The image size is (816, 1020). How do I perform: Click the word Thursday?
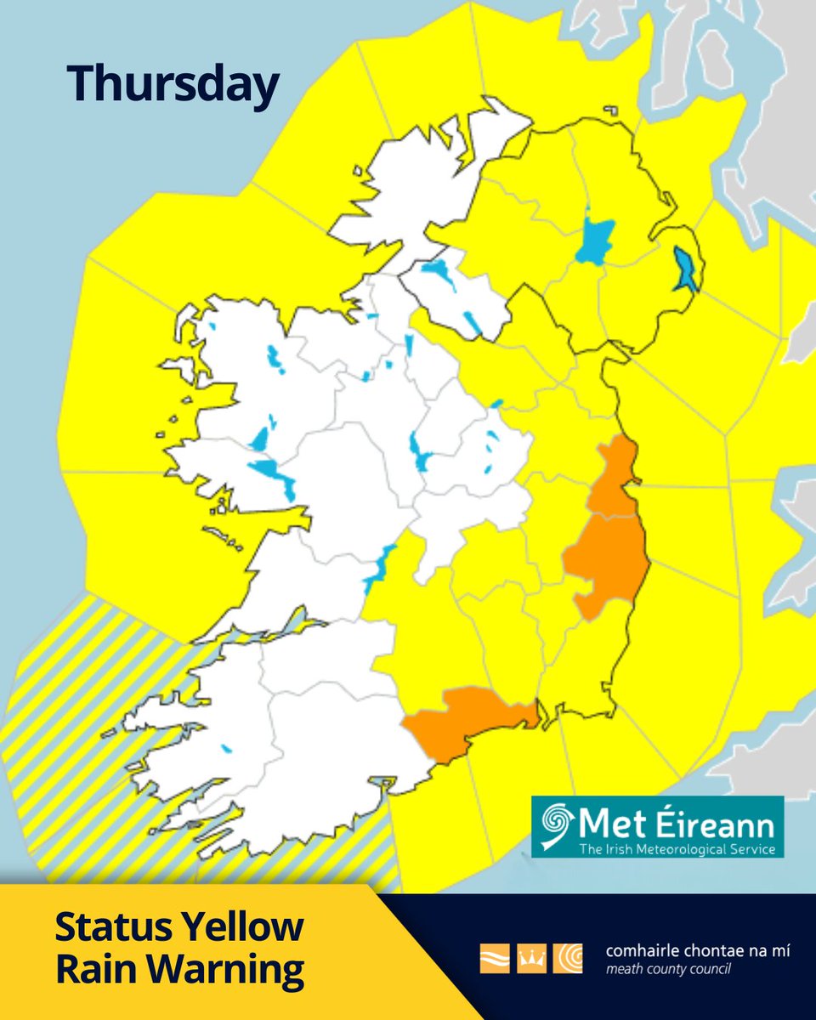coord(173,85)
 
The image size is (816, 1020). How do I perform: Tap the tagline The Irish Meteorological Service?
coord(677,849)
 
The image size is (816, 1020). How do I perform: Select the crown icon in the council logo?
coord(530,958)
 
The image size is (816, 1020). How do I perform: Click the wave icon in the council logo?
coord(495,958)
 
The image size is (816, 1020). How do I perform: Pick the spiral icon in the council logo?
coord(567,958)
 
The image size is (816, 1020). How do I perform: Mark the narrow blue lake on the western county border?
coord(379,568)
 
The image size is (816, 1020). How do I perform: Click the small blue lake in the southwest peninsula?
coord(226,749)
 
